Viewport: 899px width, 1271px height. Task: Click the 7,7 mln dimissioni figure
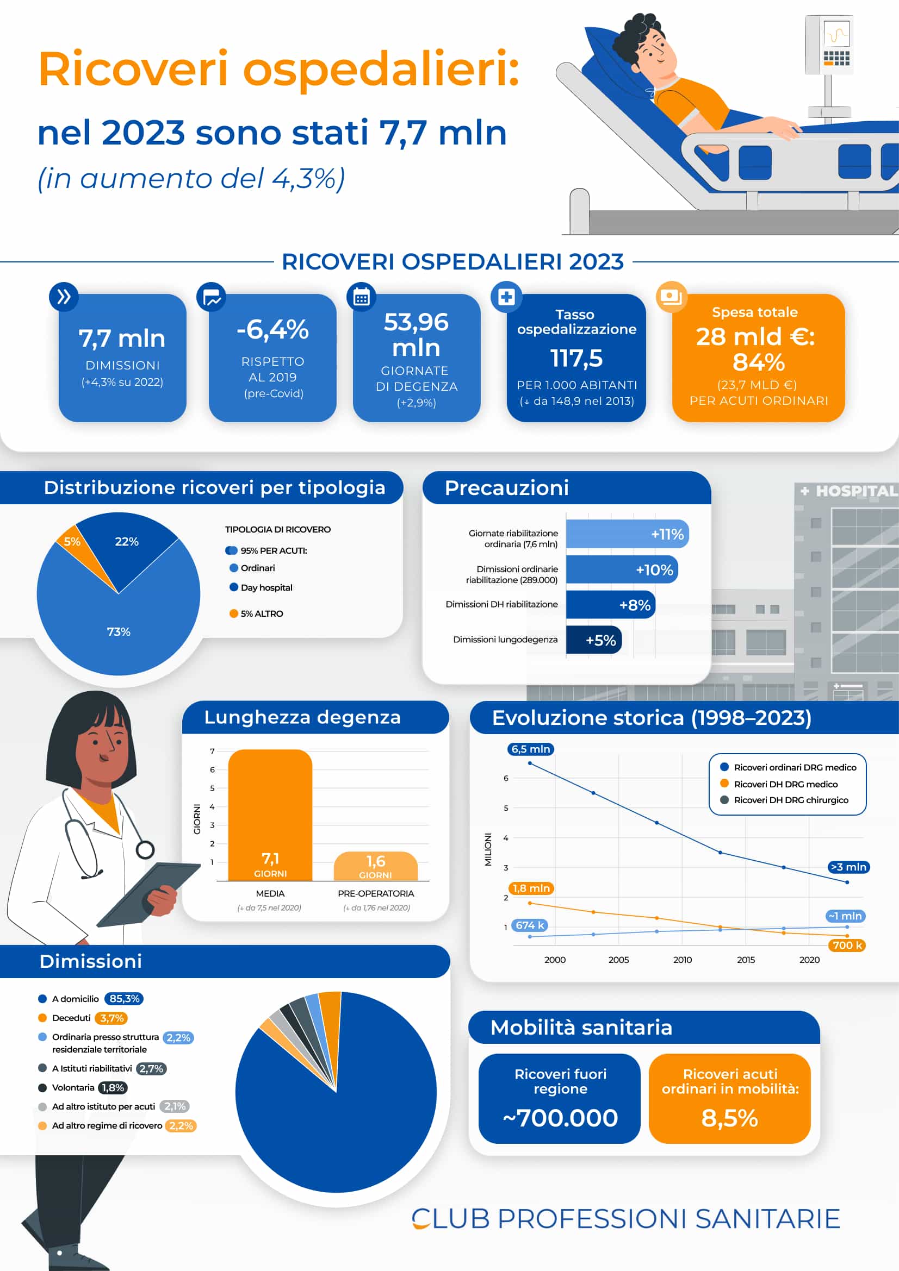click(x=122, y=338)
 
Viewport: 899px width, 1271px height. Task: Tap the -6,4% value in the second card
click(x=272, y=329)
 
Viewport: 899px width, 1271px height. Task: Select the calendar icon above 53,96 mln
click(x=361, y=297)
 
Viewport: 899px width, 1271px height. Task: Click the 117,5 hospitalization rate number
click(x=576, y=358)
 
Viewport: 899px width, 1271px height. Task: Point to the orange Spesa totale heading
click(x=754, y=312)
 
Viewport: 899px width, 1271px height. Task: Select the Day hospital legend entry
click(x=266, y=587)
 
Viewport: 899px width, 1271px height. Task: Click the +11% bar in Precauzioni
click(x=627, y=534)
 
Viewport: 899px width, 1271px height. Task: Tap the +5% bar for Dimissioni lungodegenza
click(x=594, y=640)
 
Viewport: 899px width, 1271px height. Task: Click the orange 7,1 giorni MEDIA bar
click(x=270, y=814)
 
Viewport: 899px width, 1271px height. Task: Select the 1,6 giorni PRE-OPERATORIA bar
click(x=376, y=866)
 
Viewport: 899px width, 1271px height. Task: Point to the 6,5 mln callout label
click(x=530, y=749)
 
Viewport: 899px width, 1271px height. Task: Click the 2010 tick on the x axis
click(x=682, y=959)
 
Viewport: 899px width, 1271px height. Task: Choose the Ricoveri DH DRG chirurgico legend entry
click(x=790, y=800)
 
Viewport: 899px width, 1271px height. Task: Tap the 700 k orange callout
click(x=847, y=945)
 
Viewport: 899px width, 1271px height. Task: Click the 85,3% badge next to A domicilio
click(x=124, y=999)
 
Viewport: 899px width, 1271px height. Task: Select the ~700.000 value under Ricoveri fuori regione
click(x=560, y=1118)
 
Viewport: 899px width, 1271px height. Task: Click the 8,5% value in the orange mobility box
click(x=729, y=1118)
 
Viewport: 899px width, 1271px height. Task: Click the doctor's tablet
click(x=148, y=893)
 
